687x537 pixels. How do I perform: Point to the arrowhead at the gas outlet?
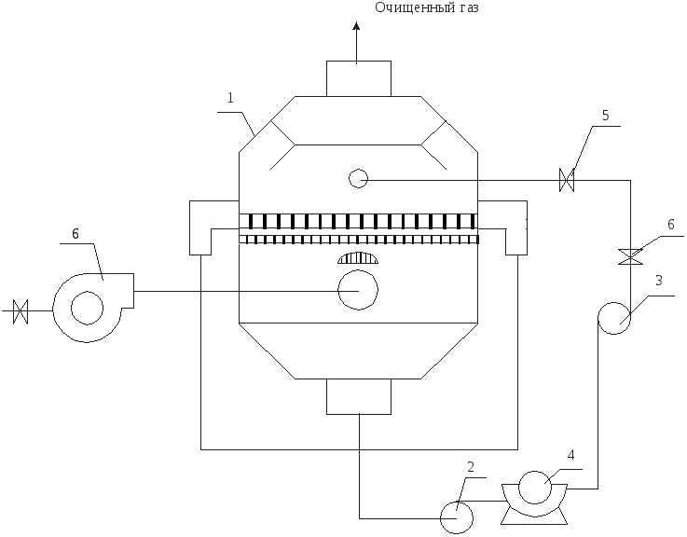click(x=357, y=26)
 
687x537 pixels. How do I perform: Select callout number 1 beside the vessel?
click(x=231, y=98)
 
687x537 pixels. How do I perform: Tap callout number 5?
click(x=606, y=116)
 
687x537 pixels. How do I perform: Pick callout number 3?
click(x=658, y=281)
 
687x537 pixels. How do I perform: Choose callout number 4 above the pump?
click(x=570, y=455)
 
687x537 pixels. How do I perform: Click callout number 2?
click(x=471, y=467)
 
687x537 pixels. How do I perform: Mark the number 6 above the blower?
click(x=76, y=234)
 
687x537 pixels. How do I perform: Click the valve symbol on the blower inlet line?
click(x=21, y=311)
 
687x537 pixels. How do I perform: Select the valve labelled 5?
click(x=567, y=180)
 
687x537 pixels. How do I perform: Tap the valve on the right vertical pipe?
click(x=630, y=256)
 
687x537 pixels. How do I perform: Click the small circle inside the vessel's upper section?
click(x=358, y=178)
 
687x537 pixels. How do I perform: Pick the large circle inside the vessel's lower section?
click(x=358, y=290)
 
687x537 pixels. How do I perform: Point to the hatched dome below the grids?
click(x=358, y=257)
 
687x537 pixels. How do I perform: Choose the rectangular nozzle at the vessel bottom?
click(x=359, y=396)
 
